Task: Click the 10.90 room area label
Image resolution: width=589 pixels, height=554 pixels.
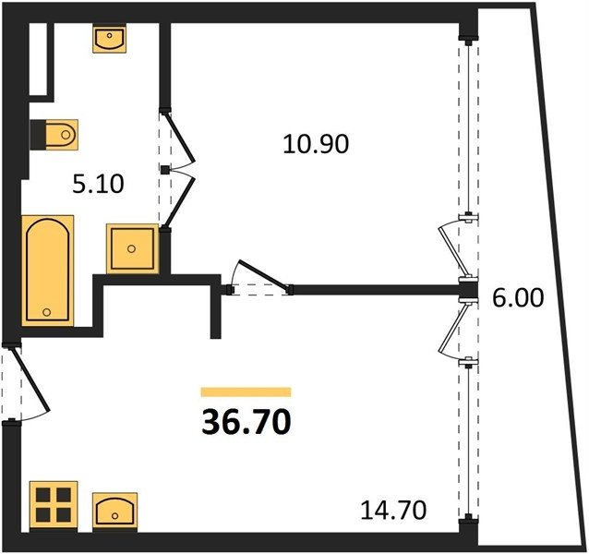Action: click(x=316, y=144)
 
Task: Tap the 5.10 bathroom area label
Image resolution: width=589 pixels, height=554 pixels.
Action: click(x=98, y=185)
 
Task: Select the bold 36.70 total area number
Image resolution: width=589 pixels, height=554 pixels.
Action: click(x=246, y=421)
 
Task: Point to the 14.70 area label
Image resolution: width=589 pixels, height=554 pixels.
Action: click(x=393, y=510)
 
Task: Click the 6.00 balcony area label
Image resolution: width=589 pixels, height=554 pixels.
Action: click(x=518, y=298)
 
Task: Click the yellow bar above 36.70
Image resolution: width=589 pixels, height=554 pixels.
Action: click(x=246, y=392)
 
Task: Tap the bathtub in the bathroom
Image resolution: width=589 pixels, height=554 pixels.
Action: click(x=48, y=270)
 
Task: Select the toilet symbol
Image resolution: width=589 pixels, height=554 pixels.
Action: click(x=54, y=135)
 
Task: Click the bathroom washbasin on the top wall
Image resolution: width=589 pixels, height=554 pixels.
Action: click(x=109, y=39)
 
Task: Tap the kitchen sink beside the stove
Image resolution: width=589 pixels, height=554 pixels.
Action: click(x=114, y=512)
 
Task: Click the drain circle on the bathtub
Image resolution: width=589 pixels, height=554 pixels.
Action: click(x=47, y=312)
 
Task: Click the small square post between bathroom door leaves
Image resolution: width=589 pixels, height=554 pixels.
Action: click(x=164, y=170)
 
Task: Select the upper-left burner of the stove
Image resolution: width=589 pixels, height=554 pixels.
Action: click(x=43, y=496)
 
